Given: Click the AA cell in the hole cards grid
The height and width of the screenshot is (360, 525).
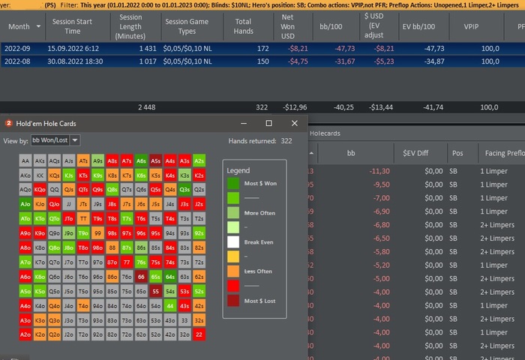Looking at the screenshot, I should click(25, 160).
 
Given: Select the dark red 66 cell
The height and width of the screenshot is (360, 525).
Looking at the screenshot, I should click(141, 277).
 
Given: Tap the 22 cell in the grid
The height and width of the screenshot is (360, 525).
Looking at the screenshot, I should click(199, 334).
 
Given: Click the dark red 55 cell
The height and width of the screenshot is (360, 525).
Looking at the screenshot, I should click(155, 291).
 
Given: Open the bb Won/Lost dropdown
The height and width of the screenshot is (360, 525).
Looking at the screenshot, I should click(55, 140).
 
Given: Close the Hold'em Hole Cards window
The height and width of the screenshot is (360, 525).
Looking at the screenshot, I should click(295, 123).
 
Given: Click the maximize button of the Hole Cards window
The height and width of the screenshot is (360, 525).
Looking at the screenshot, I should click(269, 123).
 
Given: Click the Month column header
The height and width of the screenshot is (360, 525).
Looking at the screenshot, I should click(19, 27).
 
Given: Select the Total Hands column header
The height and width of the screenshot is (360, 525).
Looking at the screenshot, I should click(243, 27).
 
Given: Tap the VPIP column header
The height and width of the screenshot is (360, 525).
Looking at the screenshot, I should click(470, 27).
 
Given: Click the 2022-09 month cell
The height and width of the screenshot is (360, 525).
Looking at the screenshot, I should click(19, 48).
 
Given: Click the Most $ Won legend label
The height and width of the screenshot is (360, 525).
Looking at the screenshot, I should click(260, 184).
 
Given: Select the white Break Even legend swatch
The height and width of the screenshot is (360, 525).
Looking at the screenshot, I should click(233, 242).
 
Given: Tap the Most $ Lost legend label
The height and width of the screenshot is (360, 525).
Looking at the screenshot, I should click(260, 301).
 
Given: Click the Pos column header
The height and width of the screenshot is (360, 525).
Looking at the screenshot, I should click(457, 153).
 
